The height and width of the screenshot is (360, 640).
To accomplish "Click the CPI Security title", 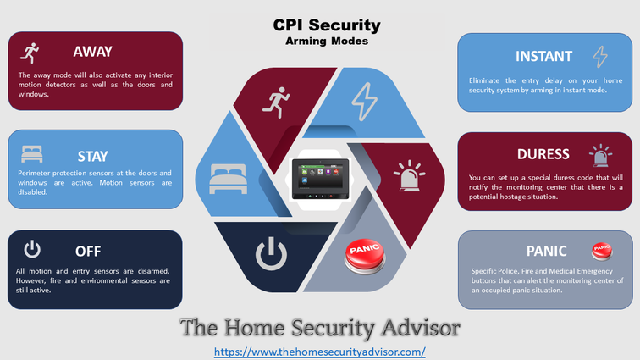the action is coord(327,25).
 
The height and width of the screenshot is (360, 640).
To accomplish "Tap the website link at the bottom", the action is coord(320,352).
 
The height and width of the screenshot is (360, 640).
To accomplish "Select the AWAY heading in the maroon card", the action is coord(92,52).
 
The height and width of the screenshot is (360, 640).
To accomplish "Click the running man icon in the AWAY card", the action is coord(30,53).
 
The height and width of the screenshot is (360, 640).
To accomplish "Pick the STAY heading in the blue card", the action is coord(92,156).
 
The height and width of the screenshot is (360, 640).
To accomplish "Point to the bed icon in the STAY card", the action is coord(32,154).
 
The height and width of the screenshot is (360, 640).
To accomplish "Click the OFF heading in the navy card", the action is coord(88,251).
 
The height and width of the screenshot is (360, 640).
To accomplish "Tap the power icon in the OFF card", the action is coord(32,249).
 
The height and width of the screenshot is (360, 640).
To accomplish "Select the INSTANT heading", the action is coord(543,56).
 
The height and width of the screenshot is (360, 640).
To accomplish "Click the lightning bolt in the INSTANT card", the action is coord(600,57).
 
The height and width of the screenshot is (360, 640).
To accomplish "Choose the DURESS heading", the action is coord(543,154).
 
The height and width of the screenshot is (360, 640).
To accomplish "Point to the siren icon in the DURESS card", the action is coord(601,155).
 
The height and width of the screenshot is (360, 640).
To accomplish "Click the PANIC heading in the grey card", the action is coord(546,251).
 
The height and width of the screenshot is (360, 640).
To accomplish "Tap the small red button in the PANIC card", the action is coord(602,251).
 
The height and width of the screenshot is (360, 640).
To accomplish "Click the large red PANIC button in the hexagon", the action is coord(365,256).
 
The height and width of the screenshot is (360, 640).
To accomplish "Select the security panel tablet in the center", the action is coord(320,179).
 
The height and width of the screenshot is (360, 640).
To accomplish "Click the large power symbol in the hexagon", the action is coord(272,254).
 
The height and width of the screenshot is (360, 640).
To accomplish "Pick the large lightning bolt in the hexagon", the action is coord(365,102).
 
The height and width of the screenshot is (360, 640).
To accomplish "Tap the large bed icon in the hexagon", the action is coord(229,179).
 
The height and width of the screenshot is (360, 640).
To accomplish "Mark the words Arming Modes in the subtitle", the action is coord(327,42).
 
